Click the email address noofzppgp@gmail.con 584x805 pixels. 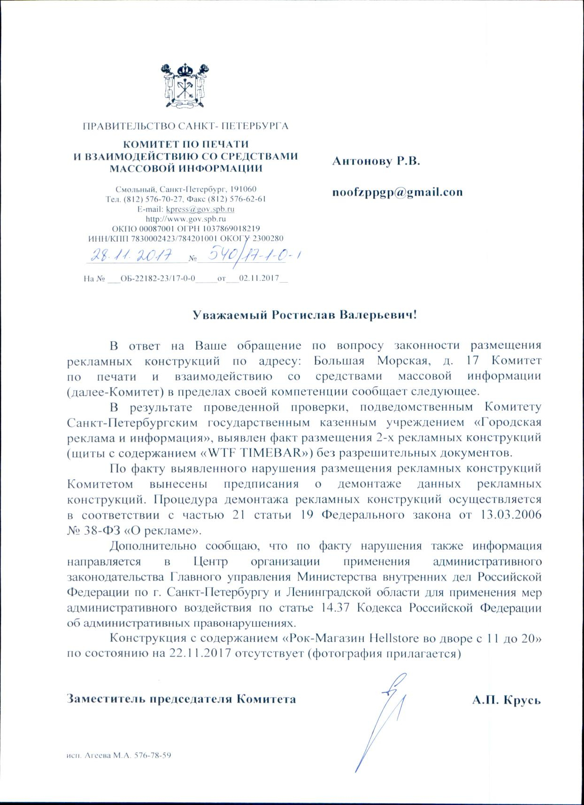397,192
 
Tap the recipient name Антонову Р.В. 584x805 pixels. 376,161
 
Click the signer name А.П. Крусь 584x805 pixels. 507,699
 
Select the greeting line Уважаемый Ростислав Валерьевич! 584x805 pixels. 305,315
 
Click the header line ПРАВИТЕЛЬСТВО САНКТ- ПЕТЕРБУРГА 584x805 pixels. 185,126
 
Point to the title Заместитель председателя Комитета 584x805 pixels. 181,699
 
